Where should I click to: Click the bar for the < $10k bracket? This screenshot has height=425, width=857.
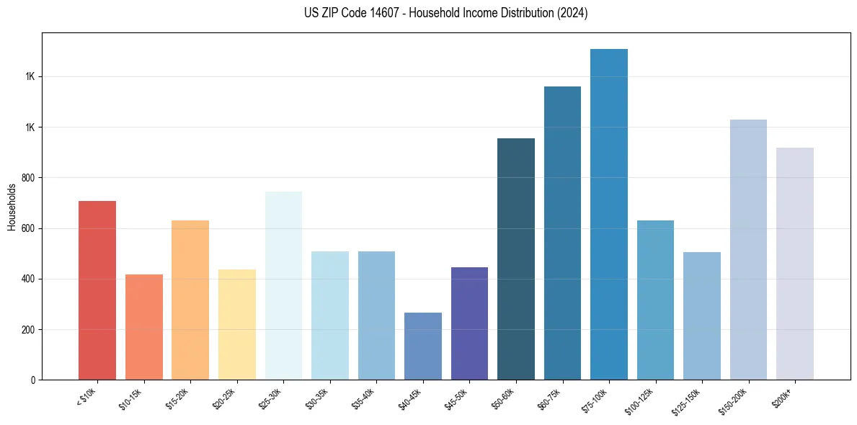97,290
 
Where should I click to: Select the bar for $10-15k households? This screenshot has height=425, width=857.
144,327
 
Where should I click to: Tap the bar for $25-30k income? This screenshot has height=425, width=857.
283,286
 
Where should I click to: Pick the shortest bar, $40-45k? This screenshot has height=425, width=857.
423,346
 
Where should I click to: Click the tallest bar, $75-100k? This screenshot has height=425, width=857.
609,215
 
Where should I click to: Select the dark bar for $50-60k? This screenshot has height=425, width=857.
516,259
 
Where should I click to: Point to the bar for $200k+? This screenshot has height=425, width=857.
795,264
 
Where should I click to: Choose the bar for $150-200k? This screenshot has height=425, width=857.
748,250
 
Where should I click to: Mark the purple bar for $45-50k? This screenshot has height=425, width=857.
469,323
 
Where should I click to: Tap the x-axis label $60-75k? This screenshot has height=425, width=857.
551,398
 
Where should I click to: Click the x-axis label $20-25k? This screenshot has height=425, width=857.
225,398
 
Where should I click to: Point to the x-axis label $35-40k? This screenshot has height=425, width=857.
365,398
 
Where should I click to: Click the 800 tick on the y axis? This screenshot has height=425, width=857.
29,178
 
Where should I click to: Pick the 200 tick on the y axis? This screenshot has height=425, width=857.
29,330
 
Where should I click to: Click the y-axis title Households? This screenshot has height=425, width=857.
12,207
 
